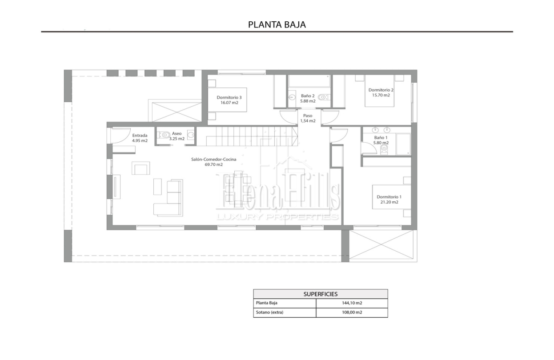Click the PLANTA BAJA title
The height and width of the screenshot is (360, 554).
pos(277,25)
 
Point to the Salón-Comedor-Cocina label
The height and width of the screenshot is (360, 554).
pos(214,159)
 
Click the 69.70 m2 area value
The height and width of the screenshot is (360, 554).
pos(214,164)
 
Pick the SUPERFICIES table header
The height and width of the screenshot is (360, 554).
pos(321,294)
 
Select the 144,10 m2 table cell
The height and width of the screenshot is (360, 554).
pos(352,303)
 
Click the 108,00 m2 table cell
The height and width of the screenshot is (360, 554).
pos(352,312)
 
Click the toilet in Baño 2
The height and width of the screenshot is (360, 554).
pos(324,97)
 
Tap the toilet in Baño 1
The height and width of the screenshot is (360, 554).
pos(384,149)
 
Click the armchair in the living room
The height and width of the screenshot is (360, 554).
pos(141,168)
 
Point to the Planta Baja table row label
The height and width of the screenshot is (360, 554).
pos(267,303)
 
